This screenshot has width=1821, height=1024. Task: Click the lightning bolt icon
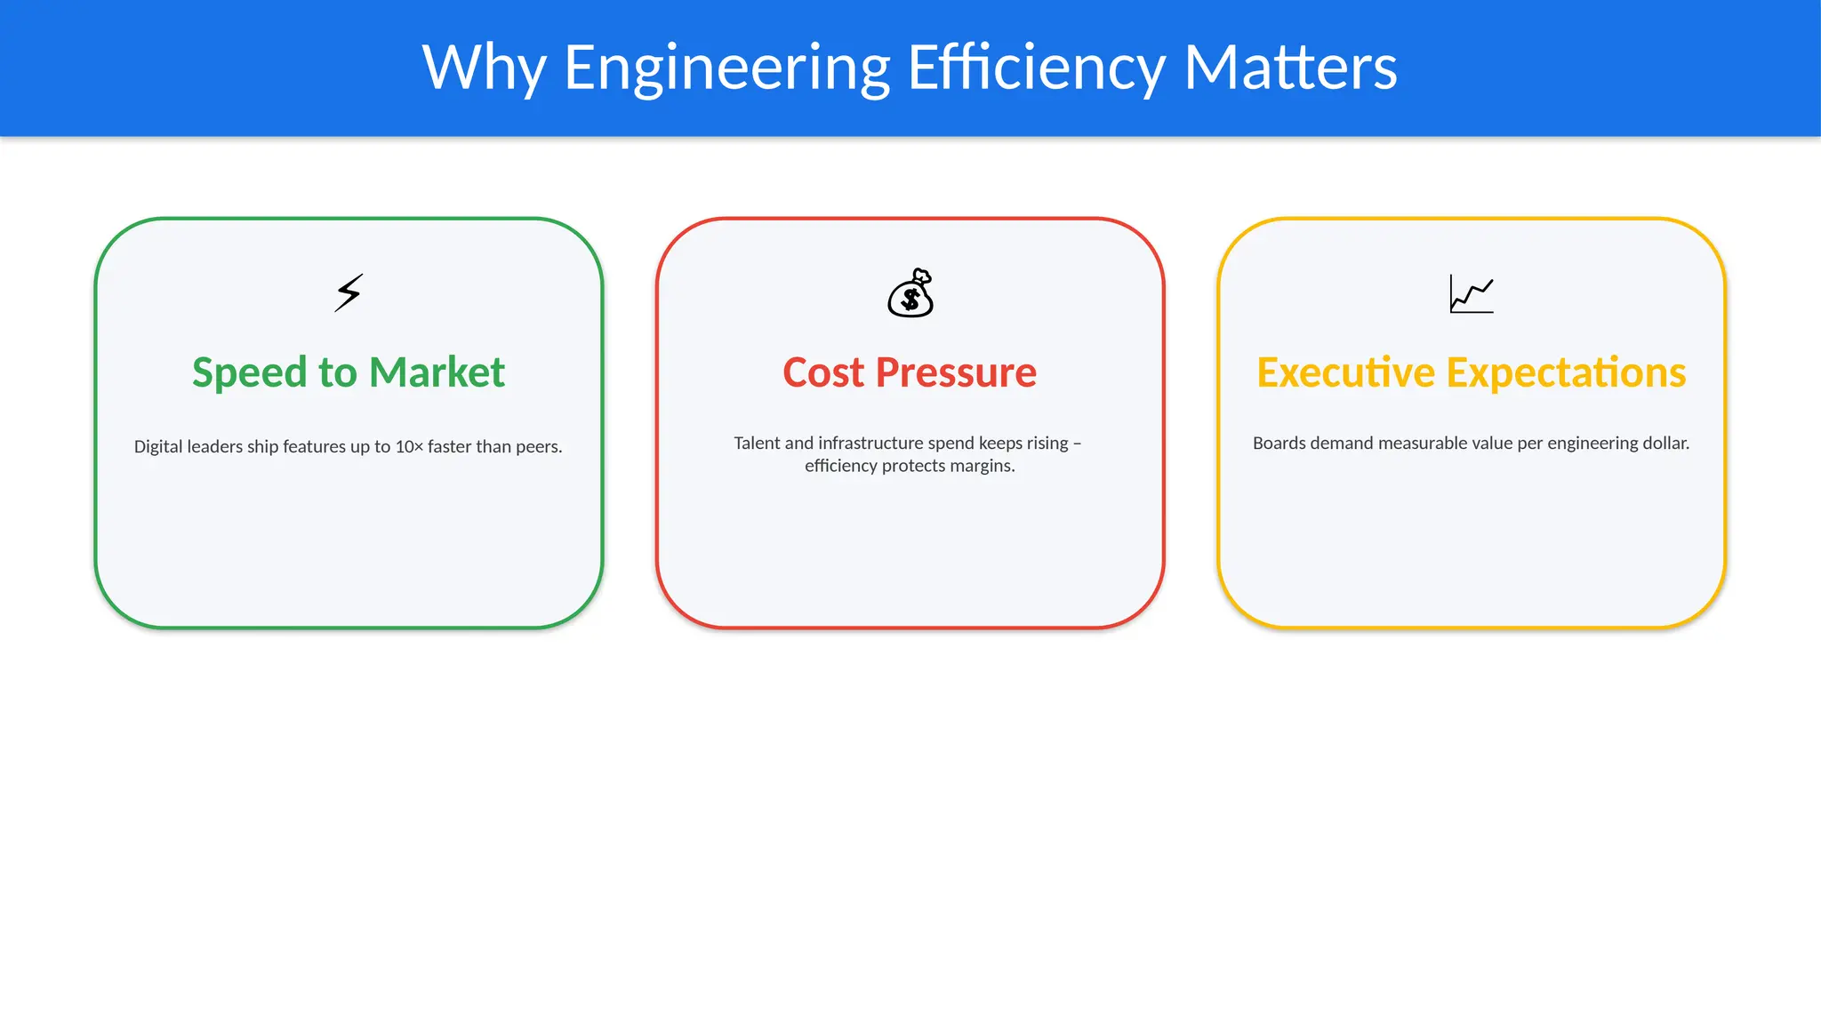tap(349, 292)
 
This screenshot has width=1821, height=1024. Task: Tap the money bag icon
tap(910, 293)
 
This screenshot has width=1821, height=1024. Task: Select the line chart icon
tap(1472, 293)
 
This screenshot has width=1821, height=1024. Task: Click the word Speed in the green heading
tap(249, 372)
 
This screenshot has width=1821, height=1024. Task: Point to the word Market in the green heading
tap(437, 372)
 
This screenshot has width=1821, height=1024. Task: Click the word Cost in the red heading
tap(823, 372)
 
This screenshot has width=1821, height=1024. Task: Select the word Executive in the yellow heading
tap(1345, 372)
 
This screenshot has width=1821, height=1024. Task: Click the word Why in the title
tap(484, 68)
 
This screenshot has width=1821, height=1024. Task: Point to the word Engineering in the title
tap(727, 68)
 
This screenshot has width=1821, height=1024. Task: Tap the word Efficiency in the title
tap(1036, 68)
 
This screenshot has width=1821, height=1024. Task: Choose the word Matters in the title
tap(1290, 68)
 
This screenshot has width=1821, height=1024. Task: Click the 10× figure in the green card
tap(409, 447)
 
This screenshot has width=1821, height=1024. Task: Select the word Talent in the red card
tap(757, 443)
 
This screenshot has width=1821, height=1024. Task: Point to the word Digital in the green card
tap(158, 447)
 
